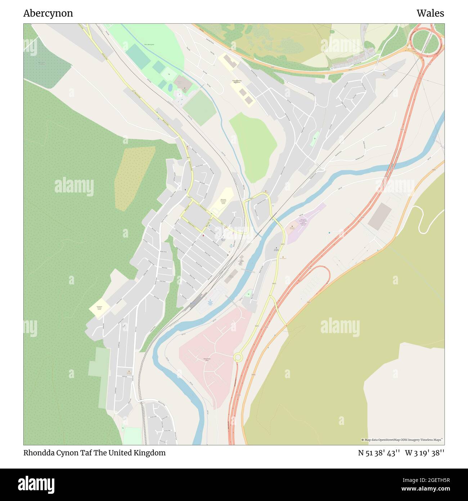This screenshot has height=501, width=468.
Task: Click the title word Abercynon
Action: click(48, 13)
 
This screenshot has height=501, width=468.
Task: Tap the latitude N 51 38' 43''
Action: click(379, 453)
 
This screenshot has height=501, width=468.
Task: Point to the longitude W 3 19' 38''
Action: click(424, 453)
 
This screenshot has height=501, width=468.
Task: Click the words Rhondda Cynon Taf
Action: click(58, 453)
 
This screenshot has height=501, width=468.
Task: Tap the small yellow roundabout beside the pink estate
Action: click(238, 357)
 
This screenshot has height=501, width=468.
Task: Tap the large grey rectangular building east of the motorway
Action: click(379, 216)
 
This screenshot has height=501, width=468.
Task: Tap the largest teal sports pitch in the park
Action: click(138, 57)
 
